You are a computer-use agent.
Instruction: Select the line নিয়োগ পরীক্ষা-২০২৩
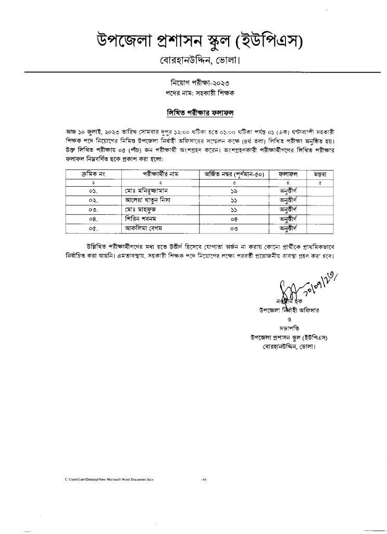193,83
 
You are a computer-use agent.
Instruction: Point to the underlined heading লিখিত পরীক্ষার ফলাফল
193,113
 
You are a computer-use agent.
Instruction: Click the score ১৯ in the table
234,191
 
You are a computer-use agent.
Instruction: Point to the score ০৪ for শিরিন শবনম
234,219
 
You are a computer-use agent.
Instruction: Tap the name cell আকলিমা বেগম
144,228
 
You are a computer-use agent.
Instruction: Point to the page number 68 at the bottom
204,478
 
